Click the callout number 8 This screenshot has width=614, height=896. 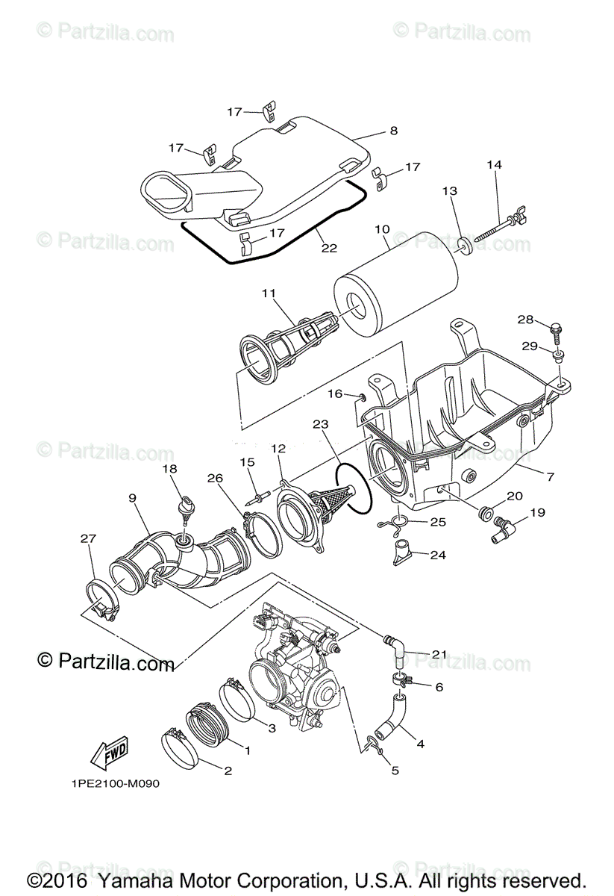coord(393,131)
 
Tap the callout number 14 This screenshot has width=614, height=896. coord(495,165)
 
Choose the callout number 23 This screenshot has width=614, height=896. coord(321,424)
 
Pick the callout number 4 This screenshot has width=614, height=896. coord(420,744)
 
